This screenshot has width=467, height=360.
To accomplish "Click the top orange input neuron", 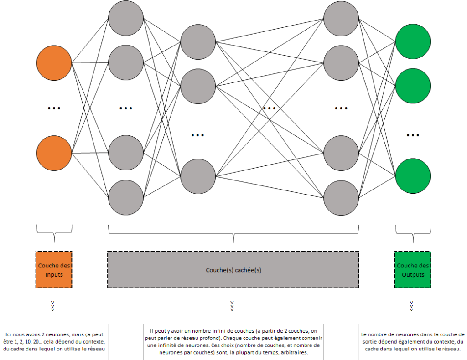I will click(54, 62).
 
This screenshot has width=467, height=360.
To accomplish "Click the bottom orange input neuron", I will click(54, 153).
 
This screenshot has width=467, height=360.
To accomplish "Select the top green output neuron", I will click(413, 41).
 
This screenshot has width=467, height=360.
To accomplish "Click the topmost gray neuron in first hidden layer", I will click(126, 17).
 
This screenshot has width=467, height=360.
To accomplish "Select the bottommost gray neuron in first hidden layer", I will click(126, 197).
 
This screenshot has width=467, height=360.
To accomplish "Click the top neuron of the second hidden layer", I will click(198, 41).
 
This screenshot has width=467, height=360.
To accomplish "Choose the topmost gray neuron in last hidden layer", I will click(341, 17).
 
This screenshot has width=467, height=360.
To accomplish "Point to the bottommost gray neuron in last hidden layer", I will click(341, 197).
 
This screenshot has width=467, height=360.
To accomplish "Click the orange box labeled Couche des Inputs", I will click(54, 270).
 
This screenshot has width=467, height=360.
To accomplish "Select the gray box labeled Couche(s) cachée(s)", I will click(233, 270).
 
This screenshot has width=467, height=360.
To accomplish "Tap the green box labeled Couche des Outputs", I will click(413, 270).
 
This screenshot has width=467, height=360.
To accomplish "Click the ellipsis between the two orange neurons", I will click(54, 108).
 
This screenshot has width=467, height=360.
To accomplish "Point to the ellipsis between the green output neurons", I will click(413, 135).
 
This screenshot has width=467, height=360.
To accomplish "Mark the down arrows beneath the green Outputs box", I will click(412, 306).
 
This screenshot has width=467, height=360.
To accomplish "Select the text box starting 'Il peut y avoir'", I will click(233, 340).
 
